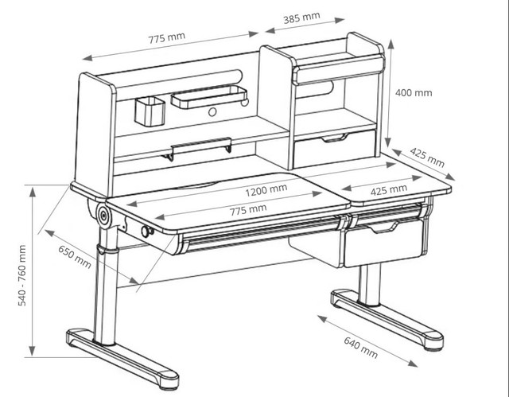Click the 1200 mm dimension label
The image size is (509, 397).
[266, 191]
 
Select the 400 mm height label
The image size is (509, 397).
[414, 92]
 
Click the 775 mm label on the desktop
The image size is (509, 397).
[248, 209]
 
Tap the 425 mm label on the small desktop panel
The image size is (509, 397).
[389, 190]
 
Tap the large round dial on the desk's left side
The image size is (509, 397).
[104, 216]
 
